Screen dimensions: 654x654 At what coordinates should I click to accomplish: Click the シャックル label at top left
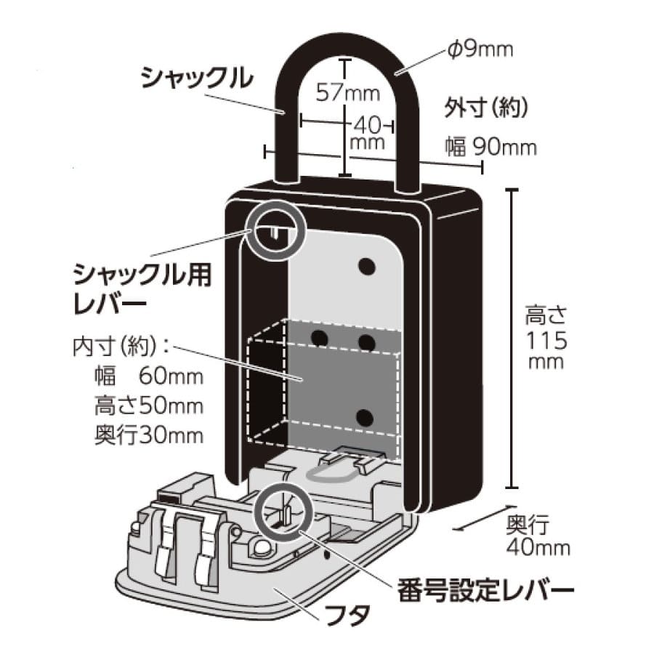194,75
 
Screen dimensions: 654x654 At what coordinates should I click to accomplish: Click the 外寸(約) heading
485,108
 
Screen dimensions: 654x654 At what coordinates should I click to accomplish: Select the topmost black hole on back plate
367,267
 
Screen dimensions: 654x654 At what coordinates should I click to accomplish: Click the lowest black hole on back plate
367,416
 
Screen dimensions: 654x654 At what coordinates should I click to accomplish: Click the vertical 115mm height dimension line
512,338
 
